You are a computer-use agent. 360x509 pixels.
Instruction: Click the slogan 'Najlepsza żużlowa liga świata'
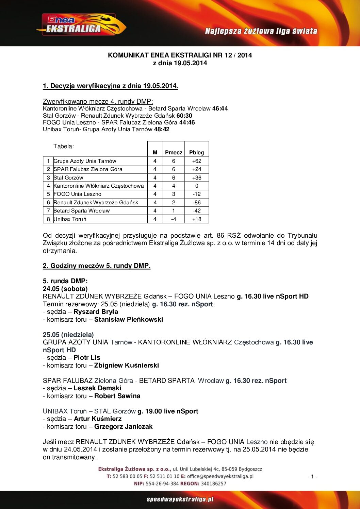click(261, 31)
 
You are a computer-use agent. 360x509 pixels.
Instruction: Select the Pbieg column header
click(196, 152)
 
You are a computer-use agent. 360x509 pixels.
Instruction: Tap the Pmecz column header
click(174, 152)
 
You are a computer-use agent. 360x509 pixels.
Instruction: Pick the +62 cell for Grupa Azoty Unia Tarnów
click(197, 161)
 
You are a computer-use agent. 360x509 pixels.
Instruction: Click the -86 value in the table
click(197, 202)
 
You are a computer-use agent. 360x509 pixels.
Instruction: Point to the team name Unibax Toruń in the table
click(70, 219)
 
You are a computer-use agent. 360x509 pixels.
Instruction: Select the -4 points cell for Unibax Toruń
click(174, 219)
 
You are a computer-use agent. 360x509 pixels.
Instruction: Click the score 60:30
click(184, 116)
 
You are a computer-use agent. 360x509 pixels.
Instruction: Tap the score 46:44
click(220, 108)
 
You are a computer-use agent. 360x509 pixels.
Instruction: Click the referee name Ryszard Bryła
click(96, 311)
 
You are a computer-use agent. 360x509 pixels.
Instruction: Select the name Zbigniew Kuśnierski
click(127, 365)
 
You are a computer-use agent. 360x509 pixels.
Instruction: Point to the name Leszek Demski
click(97, 388)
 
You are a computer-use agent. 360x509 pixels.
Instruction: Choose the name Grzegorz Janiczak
click(124, 426)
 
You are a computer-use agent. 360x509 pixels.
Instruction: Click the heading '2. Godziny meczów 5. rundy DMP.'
click(97, 266)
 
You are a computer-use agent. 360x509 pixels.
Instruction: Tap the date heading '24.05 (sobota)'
click(65, 289)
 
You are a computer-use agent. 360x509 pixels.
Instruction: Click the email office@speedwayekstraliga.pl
click(220, 476)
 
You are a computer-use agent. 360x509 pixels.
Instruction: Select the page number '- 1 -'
click(312, 477)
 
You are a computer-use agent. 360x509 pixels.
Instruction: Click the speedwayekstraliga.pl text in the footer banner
click(180, 499)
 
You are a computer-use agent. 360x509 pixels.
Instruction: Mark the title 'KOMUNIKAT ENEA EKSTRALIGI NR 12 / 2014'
click(180, 55)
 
